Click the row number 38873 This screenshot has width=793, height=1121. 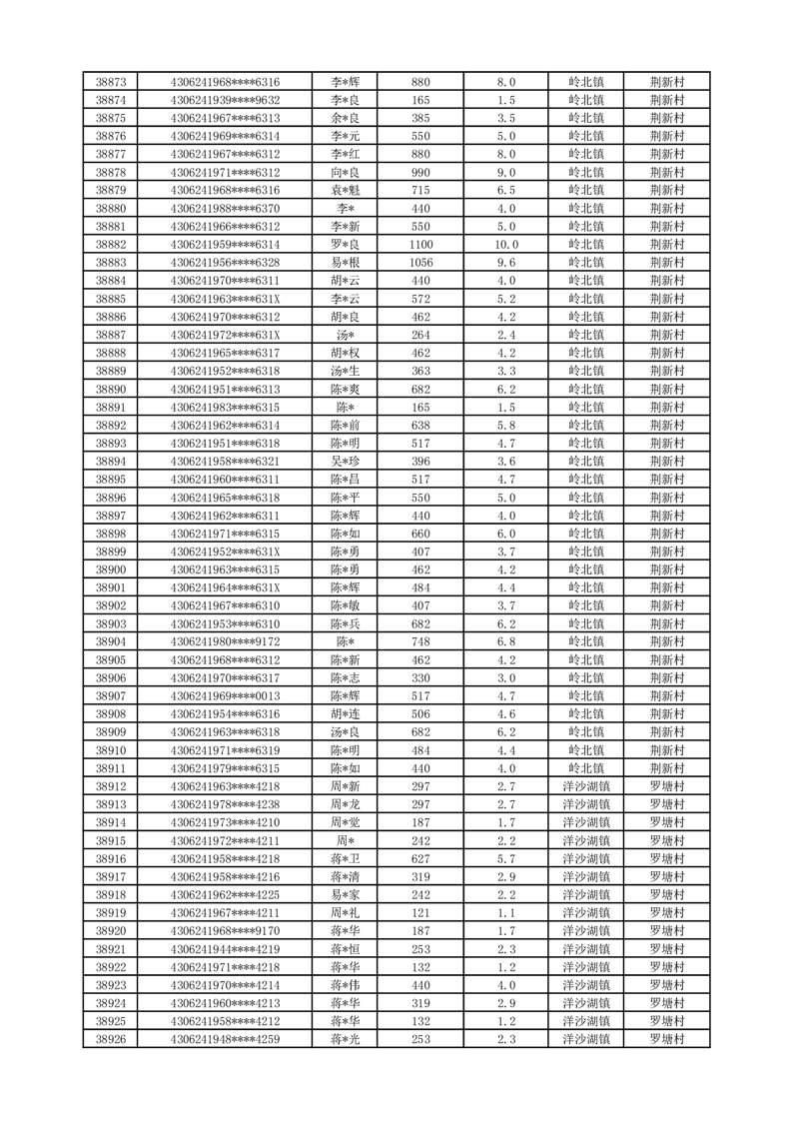pyautogui.click(x=110, y=82)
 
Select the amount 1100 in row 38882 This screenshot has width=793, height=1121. pyautogui.click(x=420, y=245)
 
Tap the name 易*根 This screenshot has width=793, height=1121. pyautogui.click(x=345, y=263)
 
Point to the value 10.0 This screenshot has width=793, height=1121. pyautogui.click(x=505, y=245)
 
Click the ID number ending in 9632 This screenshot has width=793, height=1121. pyautogui.click(x=225, y=100)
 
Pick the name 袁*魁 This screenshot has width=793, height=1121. pyautogui.click(x=345, y=190)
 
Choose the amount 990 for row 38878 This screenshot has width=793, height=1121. pyautogui.click(x=420, y=172)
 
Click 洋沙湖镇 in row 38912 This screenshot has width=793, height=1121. pyautogui.click(x=586, y=786)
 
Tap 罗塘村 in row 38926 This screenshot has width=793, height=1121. pyautogui.click(x=666, y=1039)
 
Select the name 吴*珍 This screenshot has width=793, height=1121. pyautogui.click(x=345, y=462)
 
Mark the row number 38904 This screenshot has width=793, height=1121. pyautogui.click(x=110, y=641)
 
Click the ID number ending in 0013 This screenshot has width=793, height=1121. pyautogui.click(x=225, y=696)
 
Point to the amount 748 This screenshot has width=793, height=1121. pyautogui.click(x=420, y=641)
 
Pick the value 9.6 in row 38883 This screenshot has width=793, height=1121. pyautogui.click(x=505, y=263)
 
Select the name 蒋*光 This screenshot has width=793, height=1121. pyautogui.click(x=345, y=1039)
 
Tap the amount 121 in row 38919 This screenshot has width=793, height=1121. pyautogui.click(x=420, y=913)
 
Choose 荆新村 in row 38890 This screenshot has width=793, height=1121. pyautogui.click(x=666, y=389)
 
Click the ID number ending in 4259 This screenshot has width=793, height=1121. pyautogui.click(x=225, y=1039)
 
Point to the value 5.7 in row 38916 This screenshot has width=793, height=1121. pyautogui.click(x=505, y=859)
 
